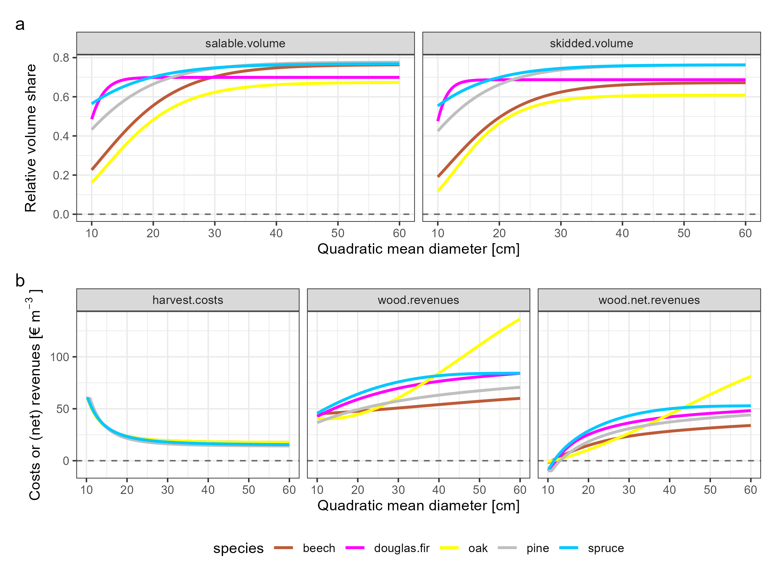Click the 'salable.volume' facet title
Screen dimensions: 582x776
[x=245, y=43]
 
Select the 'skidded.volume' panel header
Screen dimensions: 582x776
[x=591, y=43]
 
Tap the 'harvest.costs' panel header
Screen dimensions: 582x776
[x=188, y=300]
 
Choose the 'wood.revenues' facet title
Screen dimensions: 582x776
[x=418, y=300]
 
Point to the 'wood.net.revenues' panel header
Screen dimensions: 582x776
[x=649, y=300]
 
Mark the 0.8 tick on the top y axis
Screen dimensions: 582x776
[x=61, y=58]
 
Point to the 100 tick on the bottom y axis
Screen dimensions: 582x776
[x=60, y=357]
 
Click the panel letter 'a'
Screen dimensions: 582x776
[x=20, y=25]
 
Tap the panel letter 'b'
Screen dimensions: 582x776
[x=20, y=281]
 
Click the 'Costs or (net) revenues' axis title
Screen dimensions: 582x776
[x=35, y=395]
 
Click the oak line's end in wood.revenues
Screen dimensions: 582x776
[x=519, y=319]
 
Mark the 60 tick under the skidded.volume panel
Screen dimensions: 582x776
[x=745, y=233]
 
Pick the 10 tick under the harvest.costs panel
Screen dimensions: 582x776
[x=86, y=490]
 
